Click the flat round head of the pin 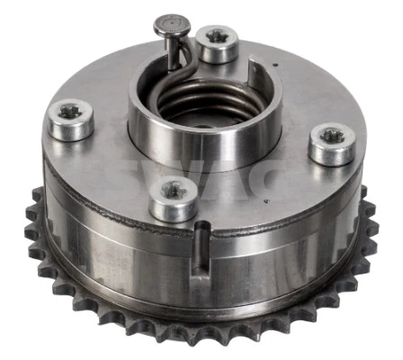[x=168, y=21]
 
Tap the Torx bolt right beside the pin [x=217, y=44]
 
